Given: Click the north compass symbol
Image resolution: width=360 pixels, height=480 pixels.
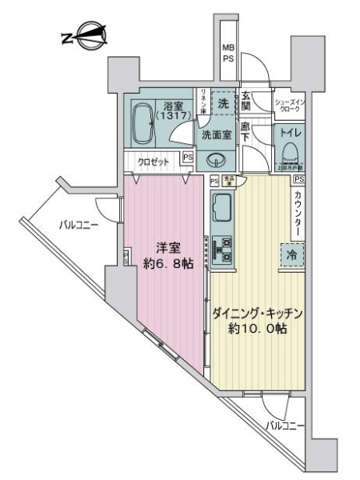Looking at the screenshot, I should click(x=86, y=37).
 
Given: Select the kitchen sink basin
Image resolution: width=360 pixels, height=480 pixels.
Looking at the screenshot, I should click(x=222, y=212).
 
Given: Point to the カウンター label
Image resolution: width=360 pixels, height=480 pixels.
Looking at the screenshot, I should click(x=298, y=213).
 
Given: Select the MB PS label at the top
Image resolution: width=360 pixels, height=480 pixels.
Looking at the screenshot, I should click(x=229, y=54).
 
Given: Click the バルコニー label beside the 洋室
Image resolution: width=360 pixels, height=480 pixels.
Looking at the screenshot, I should click(x=78, y=226).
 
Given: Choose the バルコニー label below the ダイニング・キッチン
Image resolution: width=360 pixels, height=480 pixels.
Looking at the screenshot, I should click(x=286, y=426).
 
